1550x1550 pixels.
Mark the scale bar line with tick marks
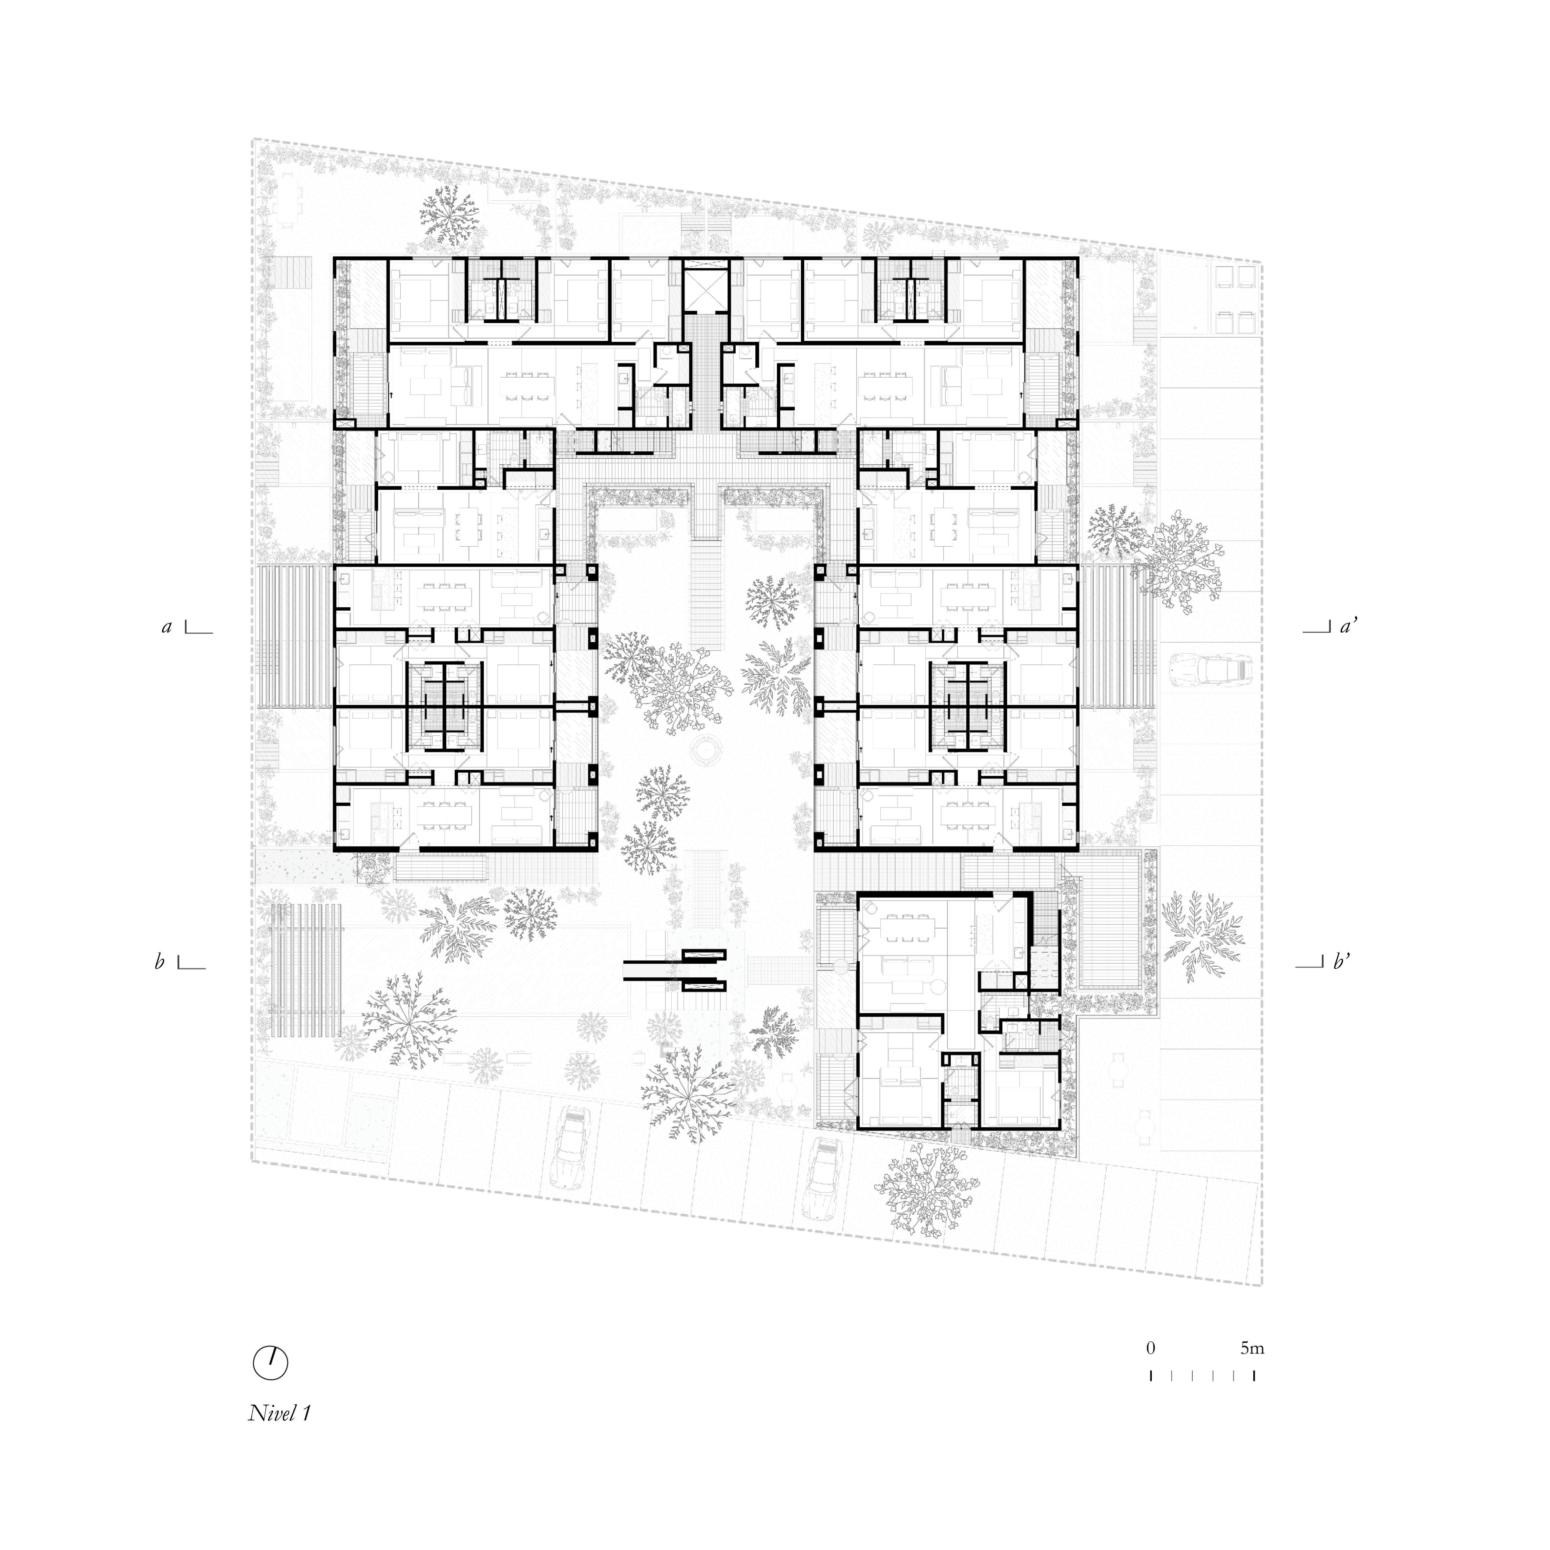[x=1203, y=1375]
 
